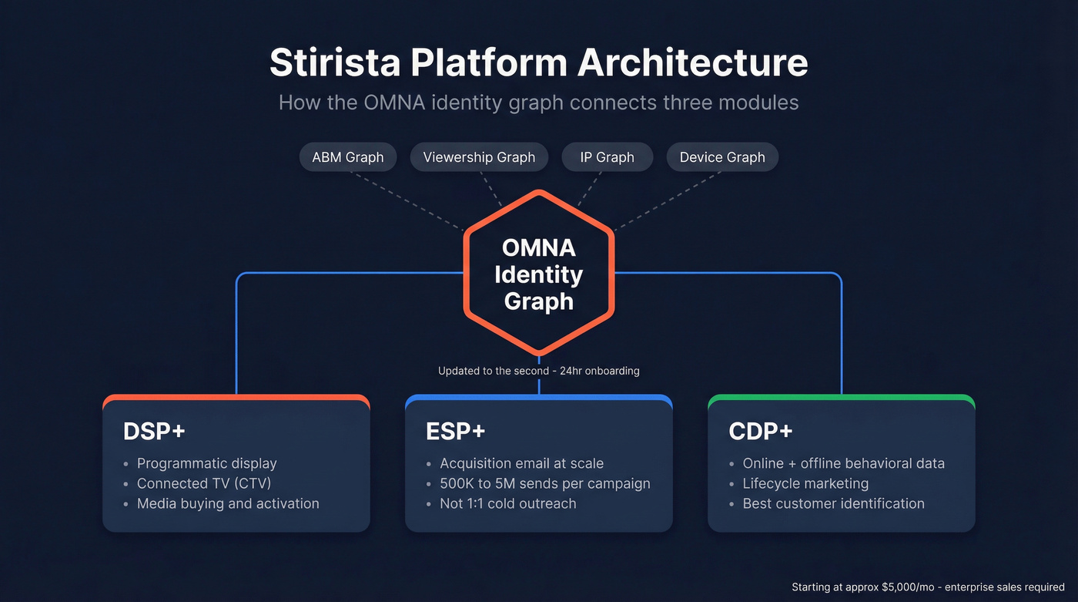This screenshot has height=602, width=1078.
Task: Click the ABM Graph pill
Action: pos(347,157)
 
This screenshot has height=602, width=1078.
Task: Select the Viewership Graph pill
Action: pos(478,157)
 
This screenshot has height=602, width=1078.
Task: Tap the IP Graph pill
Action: pos(608,157)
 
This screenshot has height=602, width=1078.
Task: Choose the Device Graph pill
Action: pos(721,157)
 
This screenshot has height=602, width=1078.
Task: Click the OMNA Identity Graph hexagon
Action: pos(538,274)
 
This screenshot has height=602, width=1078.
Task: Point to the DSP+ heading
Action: pos(154,432)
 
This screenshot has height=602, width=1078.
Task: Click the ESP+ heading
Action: pos(456,432)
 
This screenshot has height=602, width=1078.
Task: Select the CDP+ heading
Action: pos(760,432)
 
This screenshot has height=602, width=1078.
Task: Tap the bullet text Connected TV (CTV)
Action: pos(204,483)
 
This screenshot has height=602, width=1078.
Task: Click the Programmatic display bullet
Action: pos(206,463)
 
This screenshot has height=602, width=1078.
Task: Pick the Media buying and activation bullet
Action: pos(228,503)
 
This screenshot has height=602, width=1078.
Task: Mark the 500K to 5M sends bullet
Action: pos(544,483)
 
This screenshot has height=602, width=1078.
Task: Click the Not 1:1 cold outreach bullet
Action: pos(507,503)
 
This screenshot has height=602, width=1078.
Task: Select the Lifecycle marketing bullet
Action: pos(805,483)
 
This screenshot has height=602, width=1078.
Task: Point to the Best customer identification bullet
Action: pos(833,503)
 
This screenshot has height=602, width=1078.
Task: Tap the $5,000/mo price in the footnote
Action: pos(897,587)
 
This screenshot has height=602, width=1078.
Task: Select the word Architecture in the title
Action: pos(693,63)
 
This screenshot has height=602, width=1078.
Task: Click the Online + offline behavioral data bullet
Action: pos(843,463)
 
